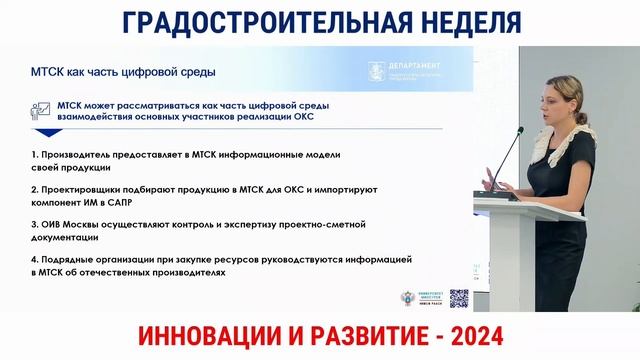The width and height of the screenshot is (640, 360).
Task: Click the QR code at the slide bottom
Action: [x=459, y=298]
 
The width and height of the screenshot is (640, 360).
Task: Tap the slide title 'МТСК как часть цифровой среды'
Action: [x=123, y=72]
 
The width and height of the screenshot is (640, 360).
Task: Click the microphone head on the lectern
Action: [x=520, y=132]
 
